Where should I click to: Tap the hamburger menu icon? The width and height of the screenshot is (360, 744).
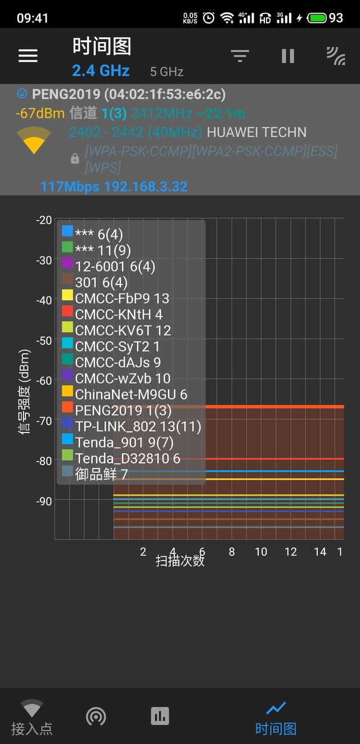click(28, 55)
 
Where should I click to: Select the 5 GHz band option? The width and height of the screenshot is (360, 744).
click(166, 72)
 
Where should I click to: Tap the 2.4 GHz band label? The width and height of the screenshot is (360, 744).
click(101, 71)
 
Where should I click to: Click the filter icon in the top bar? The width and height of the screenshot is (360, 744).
click(240, 55)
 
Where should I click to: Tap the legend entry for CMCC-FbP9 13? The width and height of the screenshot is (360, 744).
click(122, 298)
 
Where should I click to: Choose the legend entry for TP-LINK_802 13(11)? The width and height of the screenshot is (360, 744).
click(138, 426)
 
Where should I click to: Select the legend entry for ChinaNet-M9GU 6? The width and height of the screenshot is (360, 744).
click(131, 394)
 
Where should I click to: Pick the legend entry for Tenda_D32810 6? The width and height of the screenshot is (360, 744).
click(128, 458)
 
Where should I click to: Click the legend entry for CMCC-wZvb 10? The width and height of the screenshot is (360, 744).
click(123, 378)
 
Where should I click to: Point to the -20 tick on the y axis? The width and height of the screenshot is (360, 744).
click(43, 220)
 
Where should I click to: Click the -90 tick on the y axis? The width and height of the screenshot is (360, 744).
click(43, 500)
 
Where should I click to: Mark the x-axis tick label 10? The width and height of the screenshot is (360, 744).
click(261, 552)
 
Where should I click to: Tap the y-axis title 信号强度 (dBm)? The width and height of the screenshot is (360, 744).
click(24, 392)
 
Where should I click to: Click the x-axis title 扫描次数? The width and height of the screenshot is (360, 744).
click(180, 561)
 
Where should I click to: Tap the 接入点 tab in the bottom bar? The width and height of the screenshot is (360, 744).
click(31, 718)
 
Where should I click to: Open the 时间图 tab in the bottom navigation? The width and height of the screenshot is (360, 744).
click(276, 718)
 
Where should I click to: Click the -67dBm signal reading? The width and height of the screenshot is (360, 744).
click(40, 113)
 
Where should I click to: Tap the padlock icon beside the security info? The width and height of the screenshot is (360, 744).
click(75, 160)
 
